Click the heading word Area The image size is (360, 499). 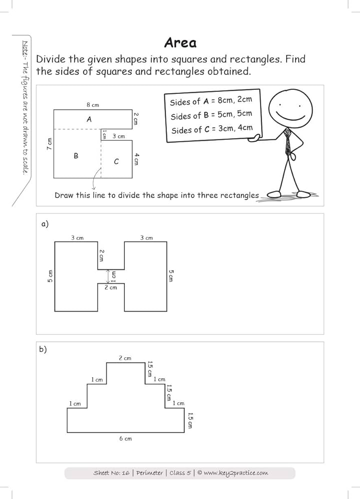[180, 43]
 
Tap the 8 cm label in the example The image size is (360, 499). [92, 105]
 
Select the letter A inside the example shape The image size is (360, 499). [89, 119]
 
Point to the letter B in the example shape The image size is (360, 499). [76, 156]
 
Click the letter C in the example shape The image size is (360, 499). [116, 161]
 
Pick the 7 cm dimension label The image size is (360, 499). [49, 145]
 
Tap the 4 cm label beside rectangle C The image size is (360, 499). [136, 159]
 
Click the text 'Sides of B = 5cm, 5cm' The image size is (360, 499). [211, 115]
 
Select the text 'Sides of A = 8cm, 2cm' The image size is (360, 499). [211, 101]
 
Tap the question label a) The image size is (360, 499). [45, 224]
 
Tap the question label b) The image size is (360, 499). [43, 349]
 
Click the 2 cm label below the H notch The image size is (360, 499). [110, 287]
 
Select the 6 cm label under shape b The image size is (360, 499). [125, 438]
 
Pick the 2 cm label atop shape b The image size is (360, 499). [125, 358]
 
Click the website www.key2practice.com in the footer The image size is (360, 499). [236, 473]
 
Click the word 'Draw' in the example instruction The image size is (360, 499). [63, 195]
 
